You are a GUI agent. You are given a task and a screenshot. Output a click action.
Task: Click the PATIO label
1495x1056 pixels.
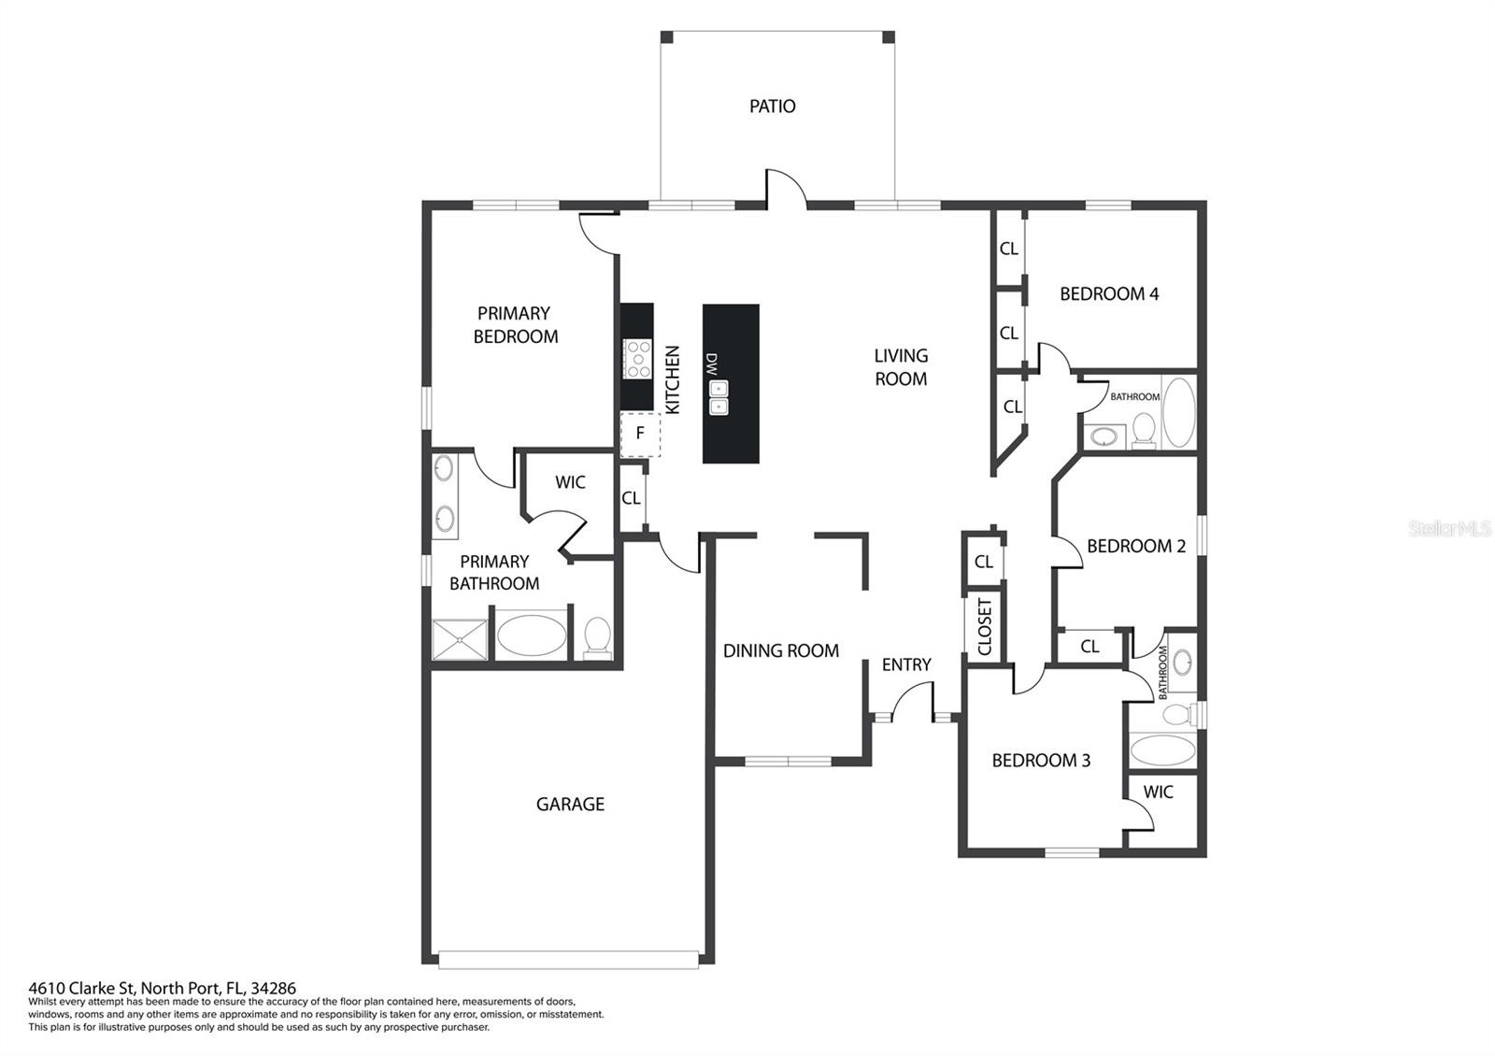tap(772, 107)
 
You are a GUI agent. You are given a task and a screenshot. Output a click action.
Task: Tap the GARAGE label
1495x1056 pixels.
tap(570, 805)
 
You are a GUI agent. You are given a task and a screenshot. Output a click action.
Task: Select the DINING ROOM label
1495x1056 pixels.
tap(781, 650)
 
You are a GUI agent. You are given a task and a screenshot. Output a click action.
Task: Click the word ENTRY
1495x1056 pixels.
tap(906, 664)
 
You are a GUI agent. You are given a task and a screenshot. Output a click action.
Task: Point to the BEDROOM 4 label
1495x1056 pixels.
tap(1109, 293)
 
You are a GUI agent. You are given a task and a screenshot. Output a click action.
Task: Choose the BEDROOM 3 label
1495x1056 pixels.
tap(1041, 761)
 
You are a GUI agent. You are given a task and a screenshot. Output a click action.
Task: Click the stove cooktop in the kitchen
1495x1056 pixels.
tap(637, 359)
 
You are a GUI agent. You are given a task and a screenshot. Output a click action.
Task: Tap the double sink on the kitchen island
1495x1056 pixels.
tap(719, 398)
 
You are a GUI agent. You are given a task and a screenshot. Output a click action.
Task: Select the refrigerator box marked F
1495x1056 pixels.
tap(640, 435)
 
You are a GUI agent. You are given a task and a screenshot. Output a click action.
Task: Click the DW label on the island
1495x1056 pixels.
tap(711, 364)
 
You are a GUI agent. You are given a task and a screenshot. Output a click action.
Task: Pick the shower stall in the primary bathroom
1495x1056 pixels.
tap(459, 639)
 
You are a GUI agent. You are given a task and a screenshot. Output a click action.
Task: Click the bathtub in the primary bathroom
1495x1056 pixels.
tap(532, 635)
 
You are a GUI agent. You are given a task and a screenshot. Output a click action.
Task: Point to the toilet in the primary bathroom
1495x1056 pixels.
tap(597, 636)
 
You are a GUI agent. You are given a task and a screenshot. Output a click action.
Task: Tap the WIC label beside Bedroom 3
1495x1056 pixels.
tap(1158, 792)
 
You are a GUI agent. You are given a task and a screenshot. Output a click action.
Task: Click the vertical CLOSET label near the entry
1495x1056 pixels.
tap(985, 626)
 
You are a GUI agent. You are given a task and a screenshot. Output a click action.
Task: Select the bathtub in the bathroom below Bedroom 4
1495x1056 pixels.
tap(1178, 412)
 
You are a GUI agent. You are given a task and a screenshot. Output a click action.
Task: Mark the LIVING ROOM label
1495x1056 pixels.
tap(901, 367)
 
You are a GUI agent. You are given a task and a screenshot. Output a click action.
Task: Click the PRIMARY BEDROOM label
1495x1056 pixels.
tap(515, 325)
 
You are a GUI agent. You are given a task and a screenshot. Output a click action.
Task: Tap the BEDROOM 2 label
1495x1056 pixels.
tap(1136, 546)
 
